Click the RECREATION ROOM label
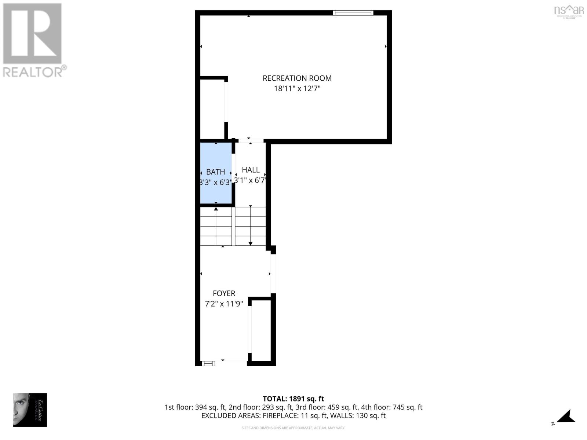pos(297,78)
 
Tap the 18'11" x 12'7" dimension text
pos(297,89)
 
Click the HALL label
pos(251,170)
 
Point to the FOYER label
pos(224,293)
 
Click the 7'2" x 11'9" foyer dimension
pos(224,304)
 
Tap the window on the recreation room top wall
pos(353,13)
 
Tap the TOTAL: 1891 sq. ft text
pos(293,399)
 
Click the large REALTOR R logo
pos(32,34)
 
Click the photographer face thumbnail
pos(22,410)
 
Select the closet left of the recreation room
pos(212,108)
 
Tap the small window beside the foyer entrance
pos(208,363)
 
